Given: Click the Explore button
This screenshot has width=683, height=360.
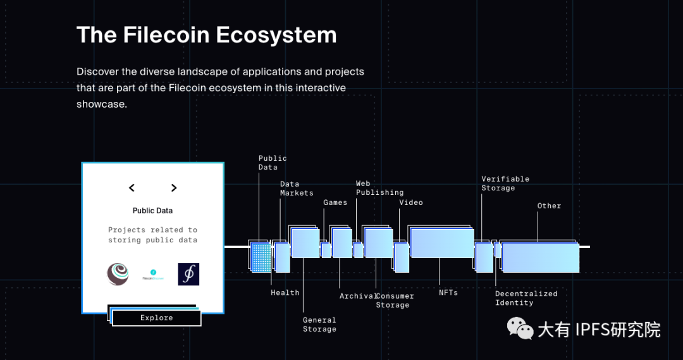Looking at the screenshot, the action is pyautogui.click(x=156, y=318).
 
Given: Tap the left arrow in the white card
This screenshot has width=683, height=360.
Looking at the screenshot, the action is pyautogui.click(x=132, y=188).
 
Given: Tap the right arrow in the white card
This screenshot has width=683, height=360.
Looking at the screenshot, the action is pyautogui.click(x=174, y=188).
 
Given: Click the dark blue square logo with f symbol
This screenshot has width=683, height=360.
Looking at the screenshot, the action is pyautogui.click(x=188, y=274).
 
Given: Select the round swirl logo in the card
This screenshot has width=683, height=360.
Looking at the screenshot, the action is pyautogui.click(x=118, y=274).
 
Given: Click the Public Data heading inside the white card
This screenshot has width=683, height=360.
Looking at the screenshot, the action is pyautogui.click(x=152, y=211).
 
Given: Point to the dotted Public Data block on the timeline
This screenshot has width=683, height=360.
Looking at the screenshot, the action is pyautogui.click(x=261, y=258).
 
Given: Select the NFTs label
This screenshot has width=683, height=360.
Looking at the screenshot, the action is pyautogui.click(x=448, y=292).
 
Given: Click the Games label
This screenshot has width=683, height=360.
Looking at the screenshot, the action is pyautogui.click(x=335, y=202).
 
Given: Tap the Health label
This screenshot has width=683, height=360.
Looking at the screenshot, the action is pyautogui.click(x=285, y=292).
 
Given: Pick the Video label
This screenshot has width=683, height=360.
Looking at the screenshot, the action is pyautogui.click(x=411, y=202).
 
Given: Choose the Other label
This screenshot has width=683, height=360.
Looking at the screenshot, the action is pyautogui.click(x=549, y=206).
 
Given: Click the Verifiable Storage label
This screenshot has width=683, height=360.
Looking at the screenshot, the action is pyautogui.click(x=505, y=183).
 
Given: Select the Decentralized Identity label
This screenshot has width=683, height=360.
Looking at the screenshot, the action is pyautogui.click(x=526, y=298).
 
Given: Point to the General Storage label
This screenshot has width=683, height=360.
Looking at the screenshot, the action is pyautogui.click(x=320, y=325).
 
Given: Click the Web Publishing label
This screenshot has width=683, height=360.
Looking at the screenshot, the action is pyautogui.click(x=380, y=188).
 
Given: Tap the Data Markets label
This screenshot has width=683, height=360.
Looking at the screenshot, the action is pyautogui.click(x=297, y=189).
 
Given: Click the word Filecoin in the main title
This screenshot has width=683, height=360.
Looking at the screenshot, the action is pyautogui.click(x=166, y=35).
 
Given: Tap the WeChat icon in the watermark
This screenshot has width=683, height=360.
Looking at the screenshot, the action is pyautogui.click(x=520, y=328).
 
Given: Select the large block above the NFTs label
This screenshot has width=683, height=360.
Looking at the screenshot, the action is pyautogui.click(x=442, y=243).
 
